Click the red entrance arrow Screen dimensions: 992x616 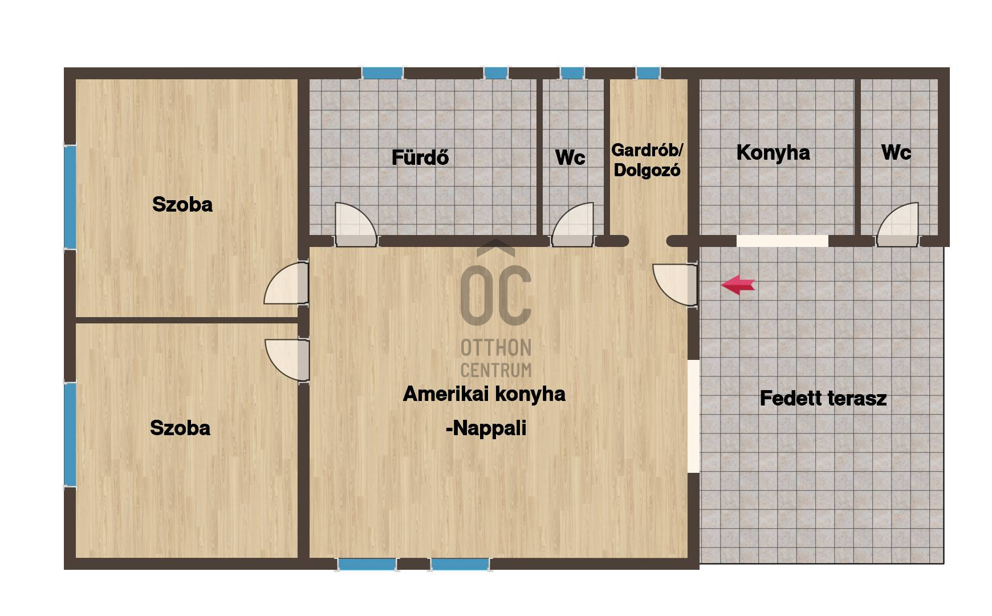click(x=738, y=284)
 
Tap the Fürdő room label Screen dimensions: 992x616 click(x=420, y=157)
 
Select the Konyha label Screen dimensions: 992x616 click(x=773, y=152)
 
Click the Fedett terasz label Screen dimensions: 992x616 click(x=823, y=398)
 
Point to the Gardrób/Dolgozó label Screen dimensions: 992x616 click(x=647, y=160)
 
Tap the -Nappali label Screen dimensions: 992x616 click(x=486, y=428)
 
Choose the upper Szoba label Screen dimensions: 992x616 click(x=182, y=204)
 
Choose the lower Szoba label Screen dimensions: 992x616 click(x=180, y=428)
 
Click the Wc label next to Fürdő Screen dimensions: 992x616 click(x=570, y=157)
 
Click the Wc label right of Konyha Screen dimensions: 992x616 click(x=896, y=152)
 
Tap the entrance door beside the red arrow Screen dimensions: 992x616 click(x=675, y=284)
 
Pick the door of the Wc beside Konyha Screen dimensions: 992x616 click(x=898, y=224)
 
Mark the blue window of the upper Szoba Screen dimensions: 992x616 click(x=70, y=197)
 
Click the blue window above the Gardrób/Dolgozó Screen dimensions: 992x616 click(x=648, y=73)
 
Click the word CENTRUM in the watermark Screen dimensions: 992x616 click(x=496, y=370)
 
